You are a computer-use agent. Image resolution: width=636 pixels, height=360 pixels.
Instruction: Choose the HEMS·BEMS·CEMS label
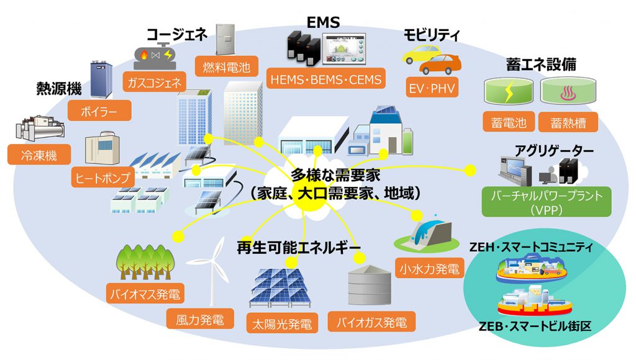click(x=326, y=79)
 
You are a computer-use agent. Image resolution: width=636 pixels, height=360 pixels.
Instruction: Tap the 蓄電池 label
click(x=509, y=122)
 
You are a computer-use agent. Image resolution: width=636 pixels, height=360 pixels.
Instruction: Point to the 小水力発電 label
click(x=429, y=269)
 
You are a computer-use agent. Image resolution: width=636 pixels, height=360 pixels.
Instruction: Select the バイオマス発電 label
click(x=146, y=292)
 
